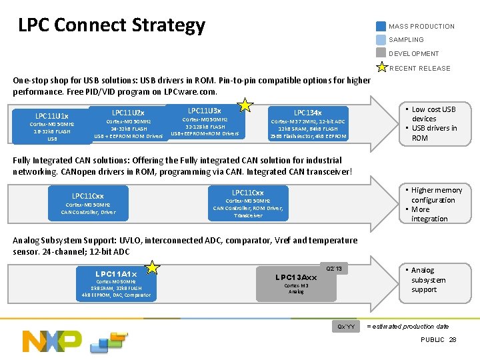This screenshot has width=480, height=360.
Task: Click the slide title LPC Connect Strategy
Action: pyautogui.click(x=111, y=25)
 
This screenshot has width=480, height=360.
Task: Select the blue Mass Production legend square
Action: pyautogui.click(x=381, y=27)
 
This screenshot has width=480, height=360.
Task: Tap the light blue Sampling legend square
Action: pyautogui.click(x=381, y=40)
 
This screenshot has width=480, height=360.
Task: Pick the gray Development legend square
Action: pyautogui.click(x=381, y=53)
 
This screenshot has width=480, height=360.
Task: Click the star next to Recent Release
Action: pyautogui.click(x=381, y=67)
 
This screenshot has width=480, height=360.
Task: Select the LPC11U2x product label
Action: pyautogui.click(x=128, y=113)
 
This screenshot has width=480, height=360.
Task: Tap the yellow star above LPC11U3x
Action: pyautogui.click(x=245, y=105)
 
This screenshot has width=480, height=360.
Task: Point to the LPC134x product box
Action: pyautogui.click(x=307, y=124)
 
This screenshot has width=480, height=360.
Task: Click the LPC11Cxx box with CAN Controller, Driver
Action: pyautogui.click(x=88, y=204)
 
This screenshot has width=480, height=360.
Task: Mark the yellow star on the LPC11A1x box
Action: pyautogui.click(x=153, y=267)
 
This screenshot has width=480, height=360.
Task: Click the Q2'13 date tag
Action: pyautogui.click(x=334, y=269)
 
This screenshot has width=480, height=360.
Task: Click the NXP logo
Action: pyautogui.click(x=52, y=340)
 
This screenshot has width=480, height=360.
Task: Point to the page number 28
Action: pyautogui.click(x=453, y=340)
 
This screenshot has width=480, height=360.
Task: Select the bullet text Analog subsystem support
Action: pyautogui.click(x=427, y=280)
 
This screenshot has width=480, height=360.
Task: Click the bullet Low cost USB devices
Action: pyautogui.click(x=433, y=114)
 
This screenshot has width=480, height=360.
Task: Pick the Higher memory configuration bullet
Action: pyautogui.click(x=436, y=195)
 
